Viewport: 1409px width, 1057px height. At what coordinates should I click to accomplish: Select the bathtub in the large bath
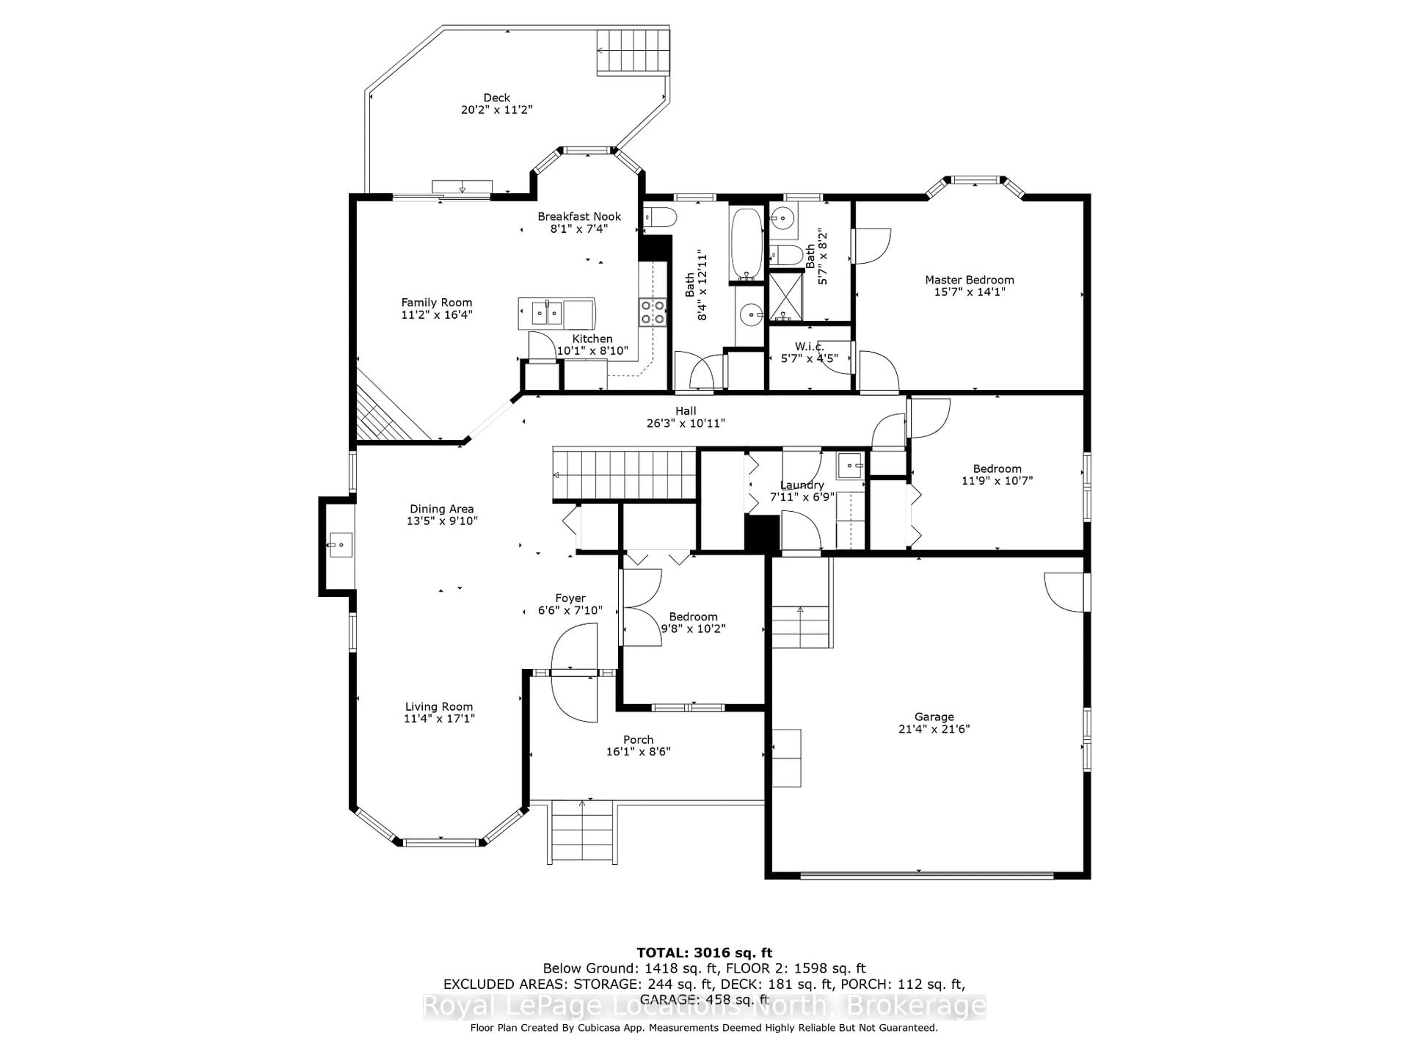pyautogui.click(x=746, y=244)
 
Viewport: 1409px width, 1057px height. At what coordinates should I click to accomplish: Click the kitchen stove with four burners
pyautogui.click(x=653, y=312)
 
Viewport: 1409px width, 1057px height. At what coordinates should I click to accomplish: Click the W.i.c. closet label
pyautogui.click(x=809, y=346)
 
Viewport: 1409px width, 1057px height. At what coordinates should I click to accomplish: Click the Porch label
pyautogui.click(x=638, y=740)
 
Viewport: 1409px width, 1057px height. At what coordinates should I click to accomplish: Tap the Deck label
pyautogui.click(x=497, y=98)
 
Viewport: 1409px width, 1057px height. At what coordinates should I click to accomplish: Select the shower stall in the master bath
pyautogui.click(x=785, y=297)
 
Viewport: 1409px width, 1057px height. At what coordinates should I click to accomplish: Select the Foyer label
pyautogui.click(x=570, y=598)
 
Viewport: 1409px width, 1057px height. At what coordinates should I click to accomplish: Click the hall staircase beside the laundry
pyautogui.click(x=624, y=475)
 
